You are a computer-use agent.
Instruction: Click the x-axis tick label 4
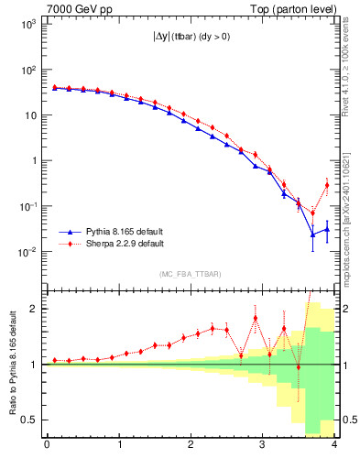click(334, 446)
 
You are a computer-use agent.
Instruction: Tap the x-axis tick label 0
click(47, 446)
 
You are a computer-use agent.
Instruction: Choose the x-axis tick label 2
click(191, 446)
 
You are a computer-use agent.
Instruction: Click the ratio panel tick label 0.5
click(29, 420)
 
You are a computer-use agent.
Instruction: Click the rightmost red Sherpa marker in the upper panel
click(327, 186)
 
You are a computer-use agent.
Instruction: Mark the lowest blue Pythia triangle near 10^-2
click(312, 234)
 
